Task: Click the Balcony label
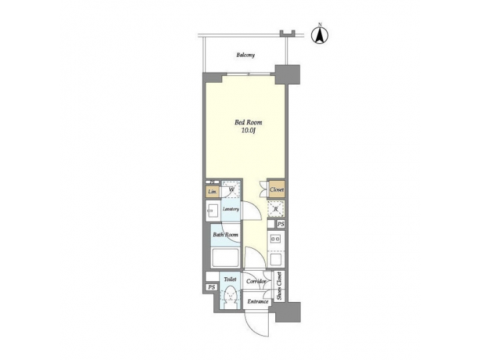(x=245, y=55)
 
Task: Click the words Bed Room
(x=247, y=123)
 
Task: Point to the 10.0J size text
(x=247, y=131)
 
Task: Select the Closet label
(x=277, y=190)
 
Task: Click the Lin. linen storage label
(x=212, y=193)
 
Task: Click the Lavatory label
(x=231, y=209)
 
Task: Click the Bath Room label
(x=225, y=235)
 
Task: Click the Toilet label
(x=231, y=279)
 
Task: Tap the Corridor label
(x=257, y=282)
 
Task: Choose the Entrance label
(x=257, y=302)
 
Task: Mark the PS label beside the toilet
(x=211, y=287)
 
